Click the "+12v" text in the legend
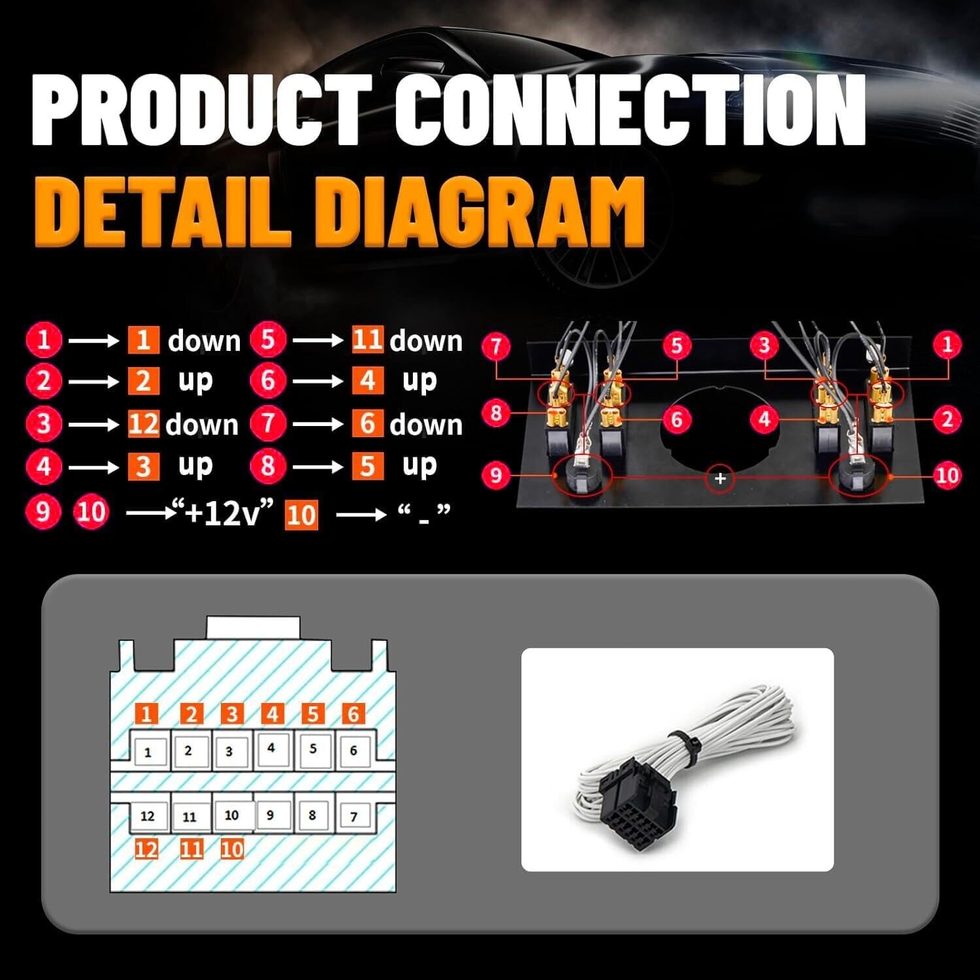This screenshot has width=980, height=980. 222,514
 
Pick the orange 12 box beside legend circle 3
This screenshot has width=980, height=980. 144,425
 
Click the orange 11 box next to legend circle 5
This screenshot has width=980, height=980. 367,340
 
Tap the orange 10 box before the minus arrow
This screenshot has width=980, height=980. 301,515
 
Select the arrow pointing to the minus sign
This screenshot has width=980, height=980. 361,515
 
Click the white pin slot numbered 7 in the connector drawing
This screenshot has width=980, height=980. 353,816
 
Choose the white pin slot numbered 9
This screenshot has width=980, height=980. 270,815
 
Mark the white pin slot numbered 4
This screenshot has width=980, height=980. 271,748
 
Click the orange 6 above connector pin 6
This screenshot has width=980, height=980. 353,713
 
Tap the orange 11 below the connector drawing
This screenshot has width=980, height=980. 191,849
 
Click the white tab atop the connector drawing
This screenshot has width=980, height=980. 253,627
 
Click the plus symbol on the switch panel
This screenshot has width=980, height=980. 720,478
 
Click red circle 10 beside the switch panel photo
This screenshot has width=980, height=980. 947,475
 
